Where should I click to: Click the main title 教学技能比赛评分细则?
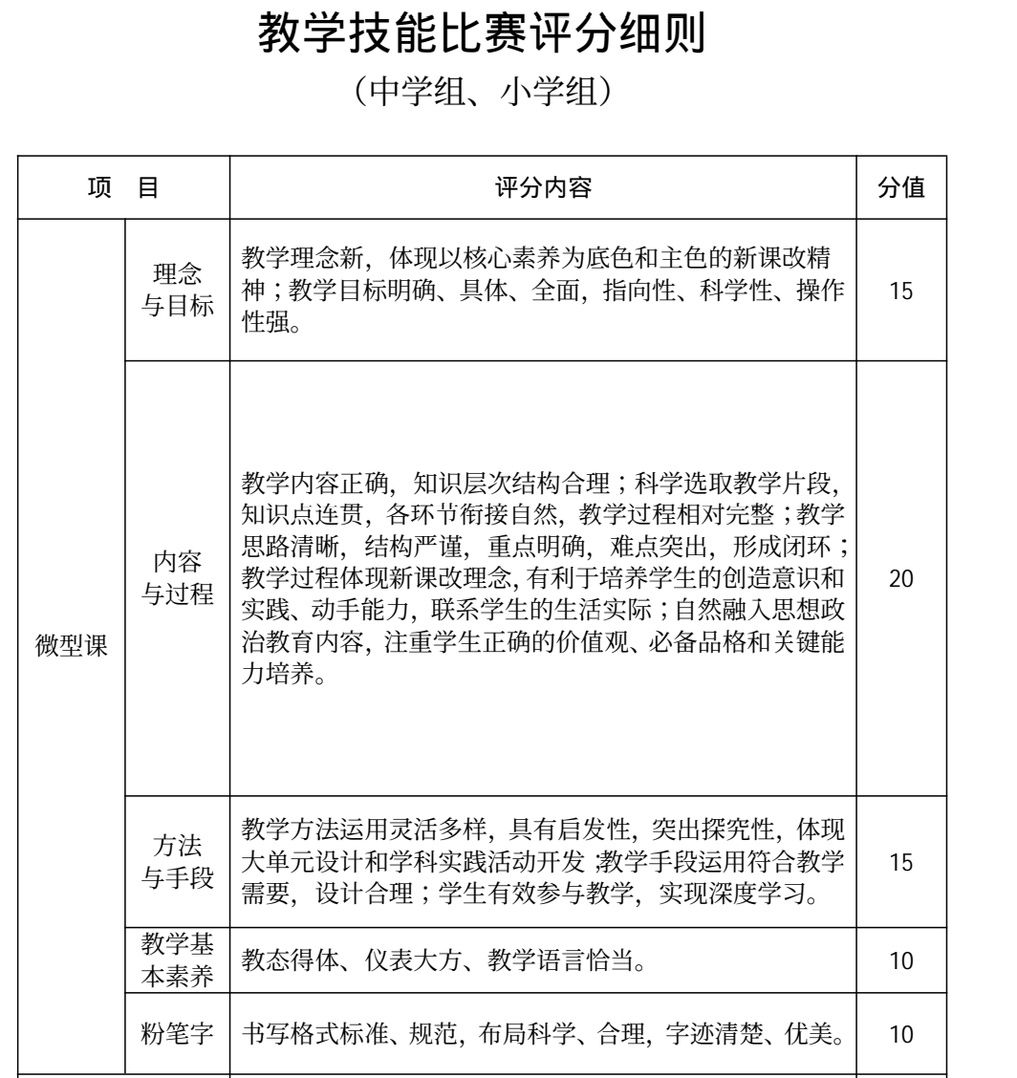tap(508, 38)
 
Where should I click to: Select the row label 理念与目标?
tap(178, 290)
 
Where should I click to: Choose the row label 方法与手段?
tap(178, 860)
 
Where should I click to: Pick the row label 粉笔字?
tap(178, 1030)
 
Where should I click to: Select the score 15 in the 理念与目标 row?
tap(900, 291)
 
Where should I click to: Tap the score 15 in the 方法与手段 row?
tap(900, 860)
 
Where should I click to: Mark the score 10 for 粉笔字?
tap(900, 1030)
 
